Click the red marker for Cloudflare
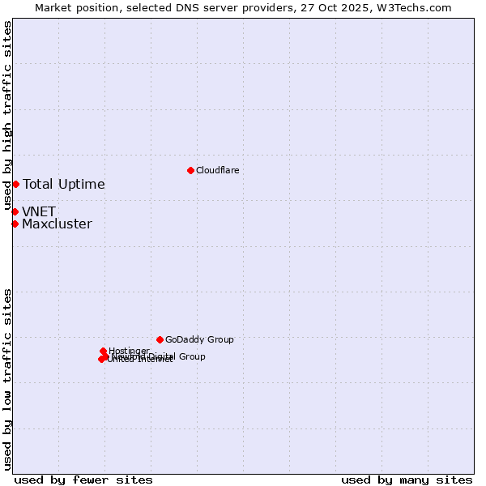[x=190, y=170]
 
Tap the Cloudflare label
[x=217, y=170]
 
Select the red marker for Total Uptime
[x=15, y=184]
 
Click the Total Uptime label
[x=64, y=184]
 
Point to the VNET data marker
[x=15, y=211]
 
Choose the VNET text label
[x=39, y=211]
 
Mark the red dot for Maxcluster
[x=15, y=224]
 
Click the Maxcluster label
[x=57, y=224]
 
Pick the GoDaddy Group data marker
[x=160, y=339]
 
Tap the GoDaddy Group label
[x=199, y=339]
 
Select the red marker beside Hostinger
[x=103, y=351]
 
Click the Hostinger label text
[x=129, y=351]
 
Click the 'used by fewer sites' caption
[x=83, y=480]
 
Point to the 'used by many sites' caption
[x=407, y=480]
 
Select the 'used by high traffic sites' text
[x=7, y=116]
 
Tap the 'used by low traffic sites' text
[x=7, y=379]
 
